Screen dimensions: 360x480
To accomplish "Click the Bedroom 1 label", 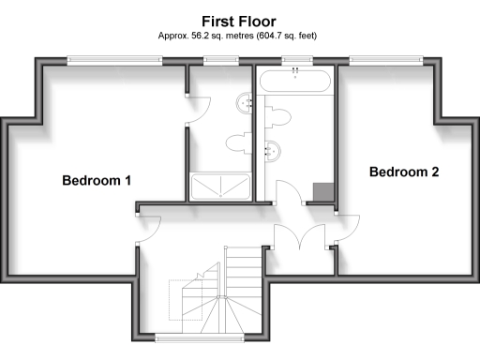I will tap(97, 180).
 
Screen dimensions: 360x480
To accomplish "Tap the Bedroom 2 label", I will tap(404, 172).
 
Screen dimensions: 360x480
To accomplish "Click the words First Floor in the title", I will tap(239, 20).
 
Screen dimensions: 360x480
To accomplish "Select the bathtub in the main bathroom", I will tap(295, 81).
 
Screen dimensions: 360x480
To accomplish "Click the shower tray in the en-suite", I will tap(220, 187).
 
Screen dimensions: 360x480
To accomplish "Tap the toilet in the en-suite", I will tap(237, 142).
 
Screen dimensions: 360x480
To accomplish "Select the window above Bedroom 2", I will tap(385, 60).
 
